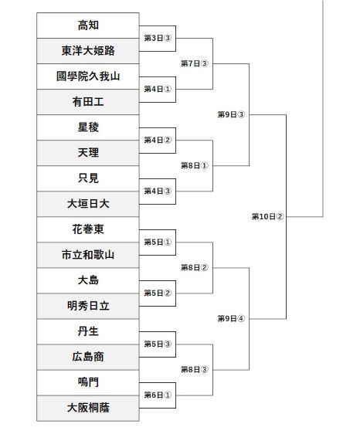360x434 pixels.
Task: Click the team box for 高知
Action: tap(88, 25)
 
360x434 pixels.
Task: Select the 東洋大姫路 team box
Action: tap(88, 51)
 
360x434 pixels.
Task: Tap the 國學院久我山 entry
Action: tap(88, 76)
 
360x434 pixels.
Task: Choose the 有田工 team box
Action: tap(88, 102)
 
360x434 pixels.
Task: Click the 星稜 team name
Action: tap(88, 127)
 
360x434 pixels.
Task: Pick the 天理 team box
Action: tap(88, 153)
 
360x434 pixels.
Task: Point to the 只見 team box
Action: tap(88, 178)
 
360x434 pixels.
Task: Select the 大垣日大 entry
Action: tap(88, 204)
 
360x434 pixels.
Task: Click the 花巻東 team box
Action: tap(88, 229)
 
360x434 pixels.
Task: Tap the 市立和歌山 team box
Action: tap(88, 255)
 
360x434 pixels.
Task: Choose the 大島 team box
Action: tap(88, 280)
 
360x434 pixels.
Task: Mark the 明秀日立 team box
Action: tap(88, 306)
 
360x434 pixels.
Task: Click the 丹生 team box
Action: tap(88, 331)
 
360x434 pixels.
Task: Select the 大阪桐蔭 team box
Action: tap(88, 408)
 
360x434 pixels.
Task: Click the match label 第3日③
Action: tap(158, 38)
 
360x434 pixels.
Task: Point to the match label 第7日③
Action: tap(195, 63)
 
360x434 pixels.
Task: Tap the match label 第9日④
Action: tap(231, 319)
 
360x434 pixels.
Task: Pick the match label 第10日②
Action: tap(268, 217)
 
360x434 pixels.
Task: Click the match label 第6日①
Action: tap(158, 395)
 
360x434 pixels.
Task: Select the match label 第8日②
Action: tap(195, 268)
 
